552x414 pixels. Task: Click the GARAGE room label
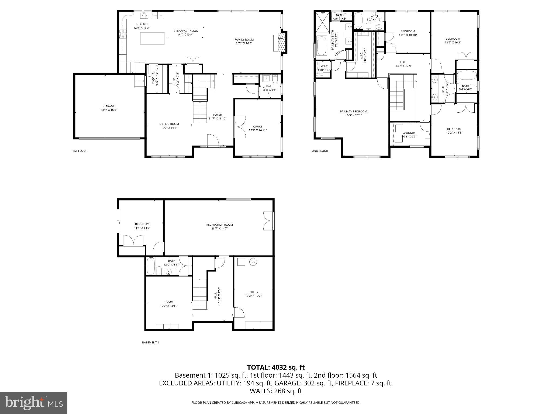pyautogui.click(x=109, y=106)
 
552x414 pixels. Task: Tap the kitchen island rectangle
pyautogui.click(x=152, y=38)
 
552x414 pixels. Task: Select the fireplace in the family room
pyautogui.click(x=280, y=42)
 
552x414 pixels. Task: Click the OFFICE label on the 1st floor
pyautogui.click(x=258, y=126)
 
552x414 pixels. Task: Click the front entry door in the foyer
pyautogui.click(x=213, y=140)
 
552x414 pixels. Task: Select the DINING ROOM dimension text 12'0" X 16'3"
pyautogui.click(x=169, y=128)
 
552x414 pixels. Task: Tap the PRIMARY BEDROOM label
pyautogui.click(x=353, y=111)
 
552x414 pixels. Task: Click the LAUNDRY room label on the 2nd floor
pyautogui.click(x=409, y=133)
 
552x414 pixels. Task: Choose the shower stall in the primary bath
pyautogui.click(x=323, y=21)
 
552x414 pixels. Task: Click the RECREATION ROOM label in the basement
pyautogui.click(x=219, y=225)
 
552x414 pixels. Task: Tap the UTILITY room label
pyautogui.click(x=253, y=292)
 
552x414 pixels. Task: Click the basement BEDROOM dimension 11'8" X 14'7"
pyautogui.click(x=142, y=228)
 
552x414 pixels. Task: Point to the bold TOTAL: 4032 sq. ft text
pyautogui.click(x=276, y=367)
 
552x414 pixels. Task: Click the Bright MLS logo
pyautogui.click(x=34, y=403)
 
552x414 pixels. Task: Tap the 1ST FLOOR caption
pyautogui.click(x=80, y=151)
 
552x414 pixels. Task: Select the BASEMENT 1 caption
pyautogui.click(x=150, y=342)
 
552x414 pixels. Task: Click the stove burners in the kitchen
pyautogui.click(x=123, y=34)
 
